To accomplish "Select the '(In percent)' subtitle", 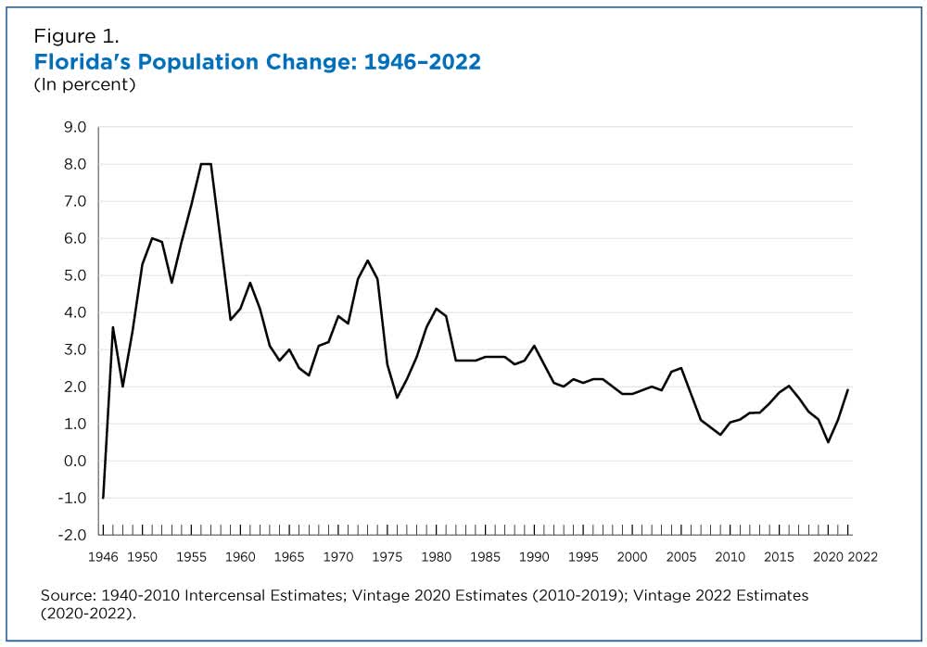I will coord(84,85).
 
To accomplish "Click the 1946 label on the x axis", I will coord(102,557).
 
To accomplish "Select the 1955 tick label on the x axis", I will coord(191,557).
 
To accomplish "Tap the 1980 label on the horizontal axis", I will coord(436,557).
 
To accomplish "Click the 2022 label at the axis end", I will coord(861,557).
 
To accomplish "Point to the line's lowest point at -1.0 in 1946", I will coord(103,498).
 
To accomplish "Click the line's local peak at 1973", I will coord(367,260).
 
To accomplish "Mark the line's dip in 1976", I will coord(397,398).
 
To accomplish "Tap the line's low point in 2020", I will coord(828,442).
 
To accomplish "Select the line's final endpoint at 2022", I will coord(847,390).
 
